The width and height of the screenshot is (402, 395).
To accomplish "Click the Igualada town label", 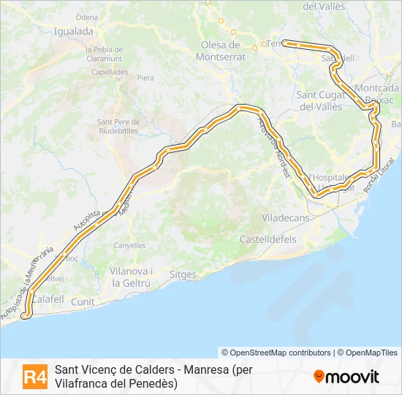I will (x=74, y=31).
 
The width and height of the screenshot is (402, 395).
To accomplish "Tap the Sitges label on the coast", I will (x=183, y=274).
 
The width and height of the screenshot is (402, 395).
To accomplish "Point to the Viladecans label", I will (x=286, y=218).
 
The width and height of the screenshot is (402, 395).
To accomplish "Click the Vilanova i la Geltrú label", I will (x=131, y=276).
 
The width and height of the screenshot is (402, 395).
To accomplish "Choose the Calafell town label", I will (x=48, y=298).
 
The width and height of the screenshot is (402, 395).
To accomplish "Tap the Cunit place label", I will (x=83, y=301).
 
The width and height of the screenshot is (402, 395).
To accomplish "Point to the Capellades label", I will (x=110, y=72).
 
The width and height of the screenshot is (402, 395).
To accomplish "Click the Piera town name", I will (x=145, y=77).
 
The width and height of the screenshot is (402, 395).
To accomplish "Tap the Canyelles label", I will (x=129, y=245).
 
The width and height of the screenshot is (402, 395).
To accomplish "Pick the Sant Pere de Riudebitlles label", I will (x=117, y=127).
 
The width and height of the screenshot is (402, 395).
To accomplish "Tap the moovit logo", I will (x=346, y=377).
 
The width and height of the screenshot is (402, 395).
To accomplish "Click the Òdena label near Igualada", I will (x=87, y=17).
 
